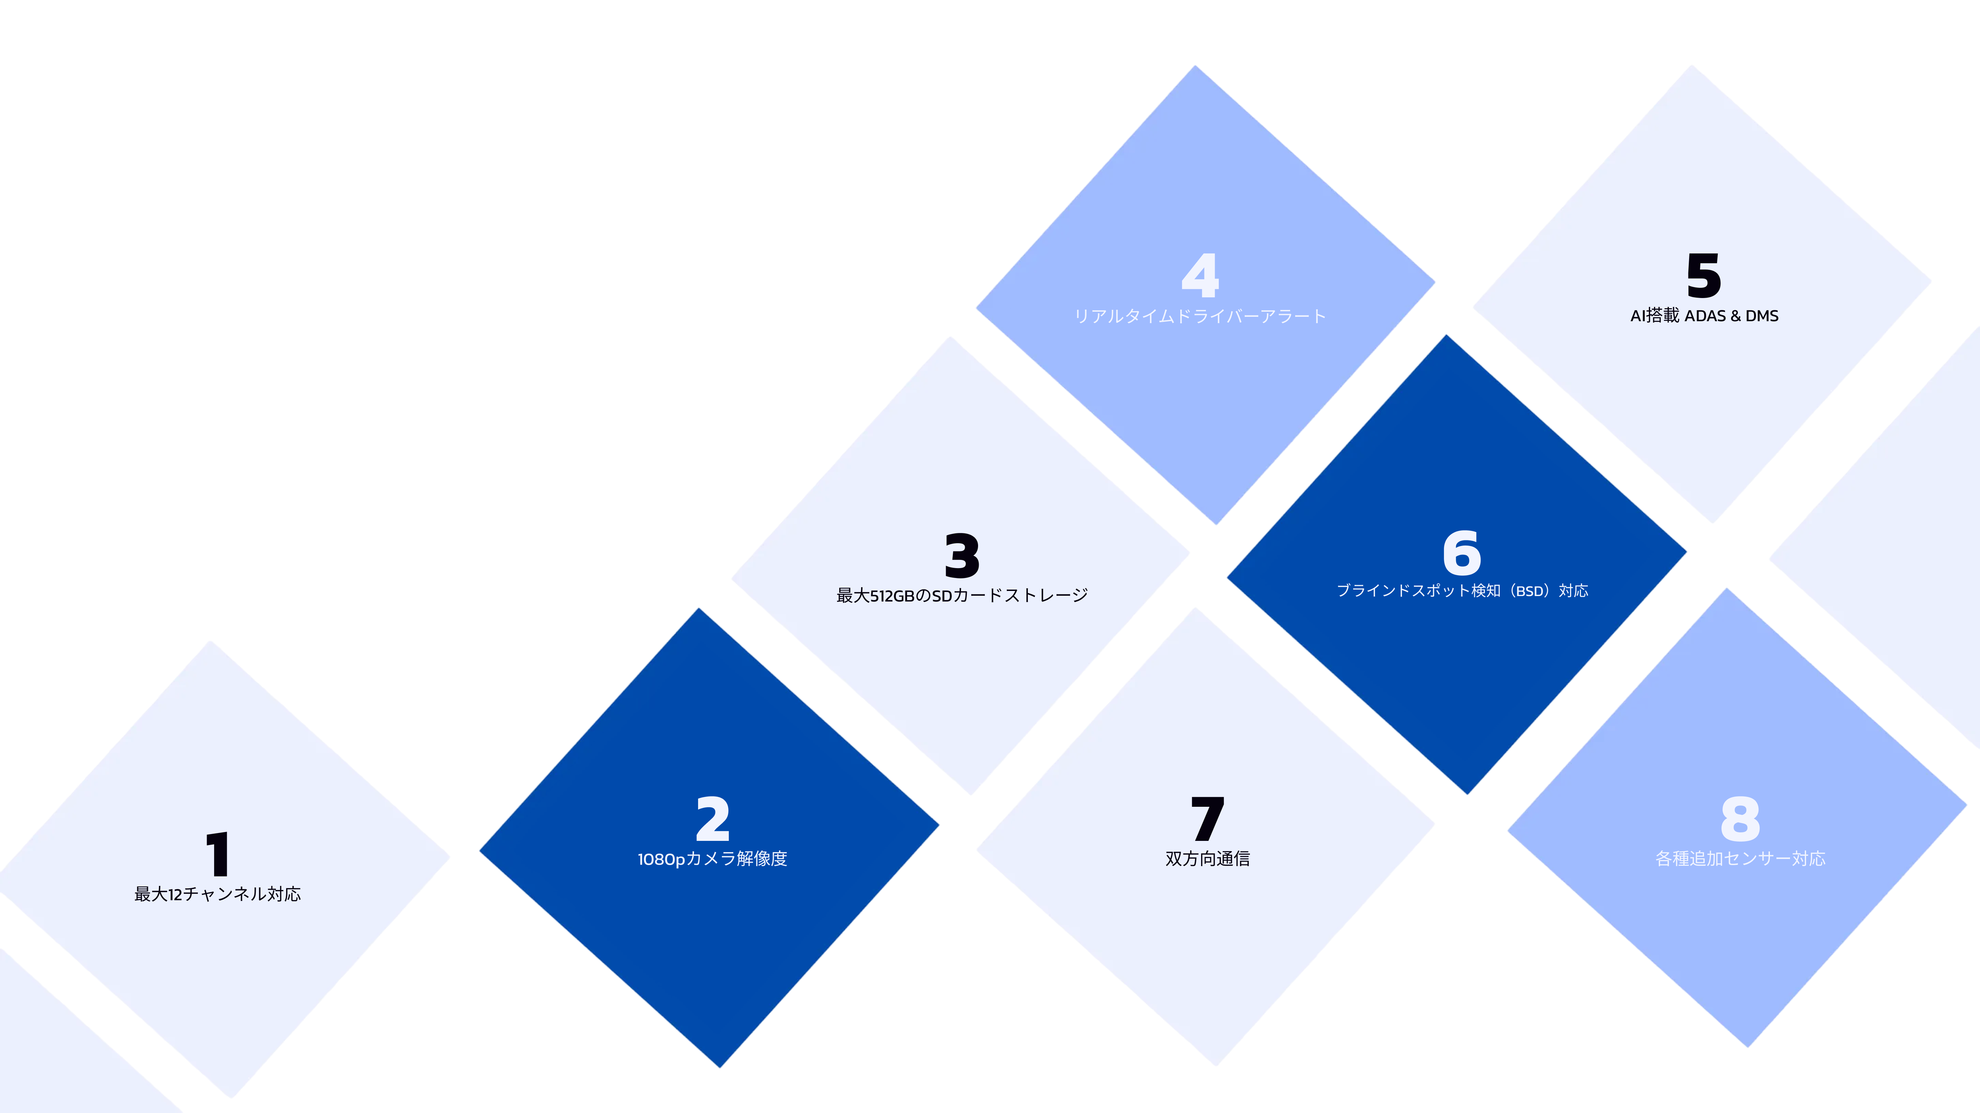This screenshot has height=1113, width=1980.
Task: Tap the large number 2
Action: pyautogui.click(x=712, y=819)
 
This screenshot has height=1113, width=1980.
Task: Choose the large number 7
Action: pyautogui.click(x=1208, y=819)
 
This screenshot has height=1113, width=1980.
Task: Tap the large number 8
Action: pyautogui.click(x=1740, y=819)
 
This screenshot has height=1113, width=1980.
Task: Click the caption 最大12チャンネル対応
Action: pyautogui.click(x=218, y=894)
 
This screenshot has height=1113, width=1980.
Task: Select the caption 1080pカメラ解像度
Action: pyautogui.click(x=712, y=859)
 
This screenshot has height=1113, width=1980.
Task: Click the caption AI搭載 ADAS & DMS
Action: pyautogui.click(x=1704, y=316)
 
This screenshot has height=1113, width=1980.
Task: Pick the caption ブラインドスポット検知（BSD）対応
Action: pyautogui.click(x=1462, y=590)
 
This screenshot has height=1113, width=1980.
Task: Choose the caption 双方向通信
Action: pyautogui.click(x=1208, y=859)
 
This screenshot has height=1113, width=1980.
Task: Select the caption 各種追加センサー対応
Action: pyautogui.click(x=1740, y=859)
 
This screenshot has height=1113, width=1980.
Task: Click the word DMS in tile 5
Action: pyautogui.click(x=1762, y=316)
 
